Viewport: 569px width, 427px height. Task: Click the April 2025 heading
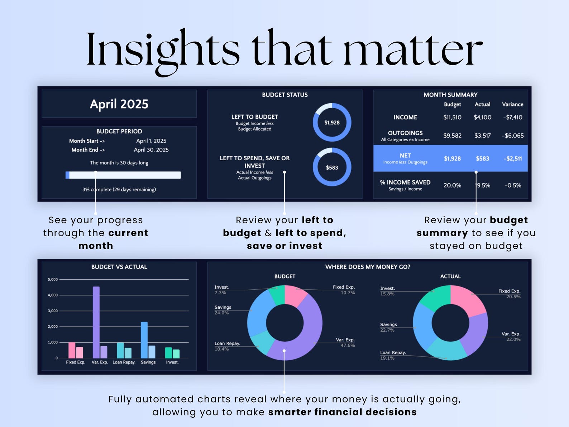(119, 104)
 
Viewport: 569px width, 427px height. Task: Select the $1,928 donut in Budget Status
(332, 123)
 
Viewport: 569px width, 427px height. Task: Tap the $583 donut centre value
(332, 168)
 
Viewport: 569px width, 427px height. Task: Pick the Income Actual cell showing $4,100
(482, 117)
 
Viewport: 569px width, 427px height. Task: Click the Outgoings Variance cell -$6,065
(512, 136)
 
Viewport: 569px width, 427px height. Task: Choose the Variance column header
(512, 104)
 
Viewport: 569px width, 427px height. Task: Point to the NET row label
(405, 156)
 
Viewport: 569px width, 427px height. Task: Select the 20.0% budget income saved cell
(452, 185)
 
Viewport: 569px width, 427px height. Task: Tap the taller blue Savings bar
(144, 340)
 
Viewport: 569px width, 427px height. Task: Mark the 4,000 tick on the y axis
(53, 295)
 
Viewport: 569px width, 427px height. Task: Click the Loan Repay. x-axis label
(124, 362)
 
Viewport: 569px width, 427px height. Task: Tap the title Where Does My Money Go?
(367, 267)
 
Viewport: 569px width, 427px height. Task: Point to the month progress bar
(123, 175)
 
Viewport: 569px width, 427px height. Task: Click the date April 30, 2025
(151, 150)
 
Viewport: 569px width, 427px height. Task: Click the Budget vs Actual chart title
(119, 267)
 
